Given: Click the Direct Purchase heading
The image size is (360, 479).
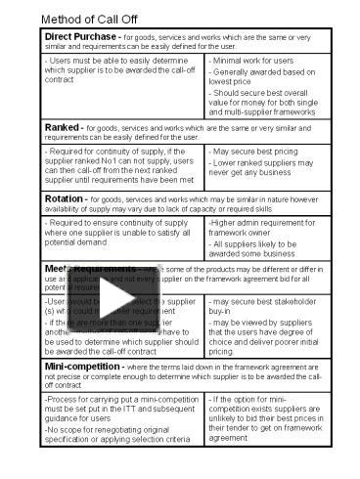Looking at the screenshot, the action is (81, 37).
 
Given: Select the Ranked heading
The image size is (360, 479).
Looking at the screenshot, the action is (63, 127).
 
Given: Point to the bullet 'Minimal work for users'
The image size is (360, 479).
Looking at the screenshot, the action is (256, 61).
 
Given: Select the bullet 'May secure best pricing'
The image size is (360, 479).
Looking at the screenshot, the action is (257, 152).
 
